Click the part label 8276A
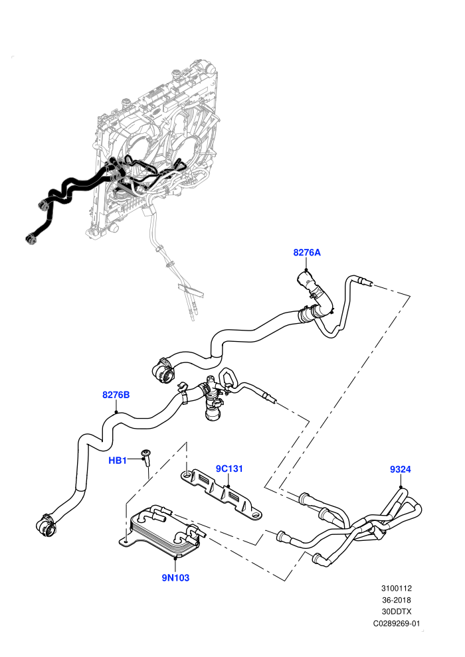306,252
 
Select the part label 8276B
116,395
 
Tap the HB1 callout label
118,461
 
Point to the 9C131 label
229,469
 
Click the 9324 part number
401,469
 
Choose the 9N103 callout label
175,578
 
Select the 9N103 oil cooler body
163,532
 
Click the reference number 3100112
396,588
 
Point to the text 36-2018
396,600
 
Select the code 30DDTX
396,612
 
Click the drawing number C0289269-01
396,623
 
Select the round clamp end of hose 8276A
161,370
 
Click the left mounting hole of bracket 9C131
186,475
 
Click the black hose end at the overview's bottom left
30,238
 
